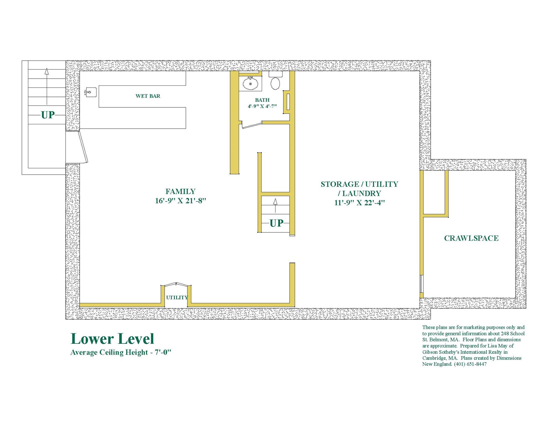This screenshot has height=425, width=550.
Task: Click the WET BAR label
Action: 148,96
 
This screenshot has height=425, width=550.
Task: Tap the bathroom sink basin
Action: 250,84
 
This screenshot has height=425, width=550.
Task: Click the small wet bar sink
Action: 90,92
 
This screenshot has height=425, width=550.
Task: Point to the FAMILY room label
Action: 180,191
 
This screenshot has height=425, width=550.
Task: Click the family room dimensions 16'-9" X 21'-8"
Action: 180,201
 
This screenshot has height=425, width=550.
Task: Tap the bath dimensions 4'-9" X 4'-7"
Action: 262,106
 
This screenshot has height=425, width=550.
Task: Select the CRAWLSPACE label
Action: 471,238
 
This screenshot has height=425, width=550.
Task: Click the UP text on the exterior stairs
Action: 48,115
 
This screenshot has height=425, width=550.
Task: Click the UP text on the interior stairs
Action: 276,223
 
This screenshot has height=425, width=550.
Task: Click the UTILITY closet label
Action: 177,298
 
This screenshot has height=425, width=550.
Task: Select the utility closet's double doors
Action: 176,284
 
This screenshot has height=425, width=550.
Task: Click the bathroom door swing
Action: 251,126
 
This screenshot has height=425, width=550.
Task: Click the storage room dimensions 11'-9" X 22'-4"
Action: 359,203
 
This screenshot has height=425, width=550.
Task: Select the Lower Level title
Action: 112,339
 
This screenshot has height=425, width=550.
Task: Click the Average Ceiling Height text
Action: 121,353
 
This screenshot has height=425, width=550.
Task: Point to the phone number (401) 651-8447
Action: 470,364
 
